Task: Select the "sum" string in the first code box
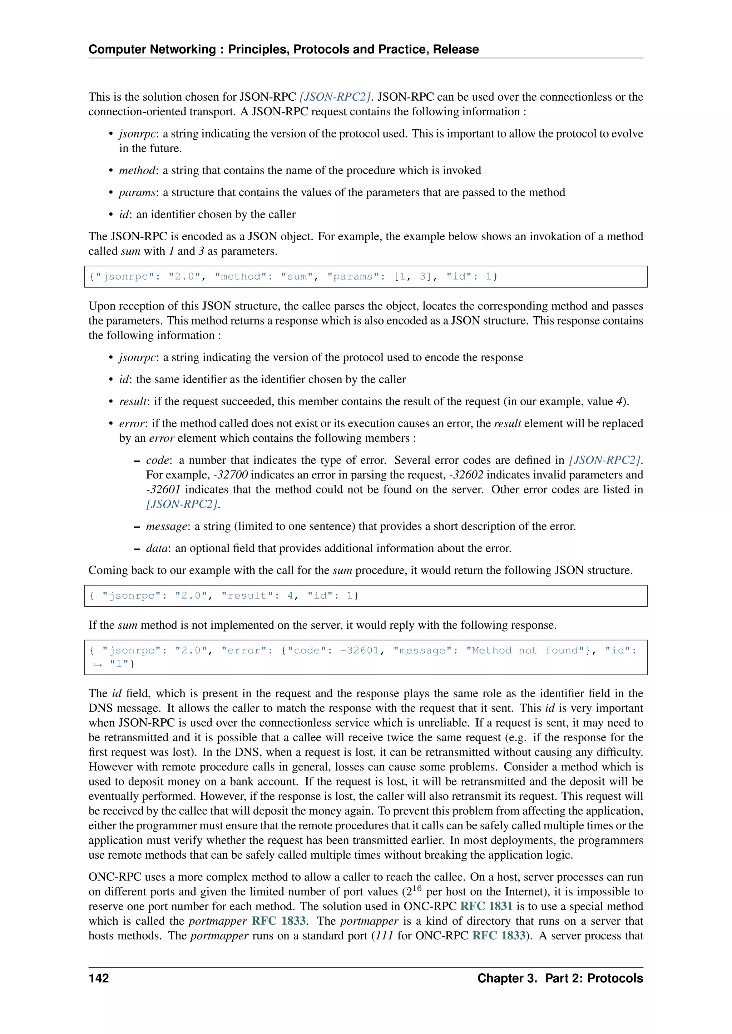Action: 297,276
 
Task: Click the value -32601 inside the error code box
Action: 360,650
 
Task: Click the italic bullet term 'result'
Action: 133,401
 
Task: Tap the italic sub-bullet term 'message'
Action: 166,526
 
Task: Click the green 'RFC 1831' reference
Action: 486,906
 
